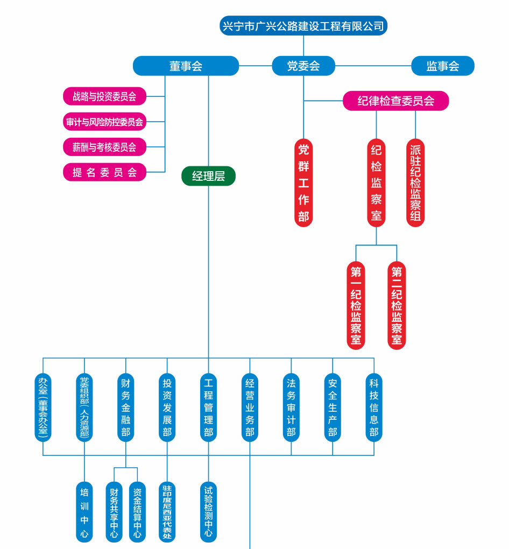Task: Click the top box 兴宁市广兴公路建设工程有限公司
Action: pyautogui.click(x=303, y=26)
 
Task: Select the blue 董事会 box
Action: pyautogui.click(x=186, y=66)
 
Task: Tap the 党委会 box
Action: pyautogui.click(x=303, y=66)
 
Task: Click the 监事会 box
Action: pyautogui.click(x=443, y=66)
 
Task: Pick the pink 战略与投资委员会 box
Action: pyautogui.click(x=105, y=97)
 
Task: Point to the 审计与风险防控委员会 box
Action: pyautogui.click(x=105, y=122)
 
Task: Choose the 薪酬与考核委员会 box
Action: pyautogui.click(x=105, y=146)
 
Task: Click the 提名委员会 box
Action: pyautogui.click(x=105, y=172)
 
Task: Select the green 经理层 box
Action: pyautogui.click(x=208, y=176)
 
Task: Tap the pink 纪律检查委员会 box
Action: pyautogui.click(x=395, y=101)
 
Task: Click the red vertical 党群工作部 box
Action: pyautogui.click(x=303, y=183)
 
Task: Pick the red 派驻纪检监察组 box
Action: pyautogui.click(x=415, y=183)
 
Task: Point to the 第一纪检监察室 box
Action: pyautogui.click(x=356, y=305)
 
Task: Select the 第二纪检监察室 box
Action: pyautogui.click(x=397, y=305)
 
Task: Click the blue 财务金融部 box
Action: pyautogui.click(x=125, y=407)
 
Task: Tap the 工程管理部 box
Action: pyautogui.click(x=208, y=407)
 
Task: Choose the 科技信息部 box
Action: pyautogui.click(x=373, y=407)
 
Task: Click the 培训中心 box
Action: pyautogui.click(x=84, y=512)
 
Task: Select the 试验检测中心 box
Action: pyautogui.click(x=208, y=512)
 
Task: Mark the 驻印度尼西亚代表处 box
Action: pyautogui.click(x=167, y=512)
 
